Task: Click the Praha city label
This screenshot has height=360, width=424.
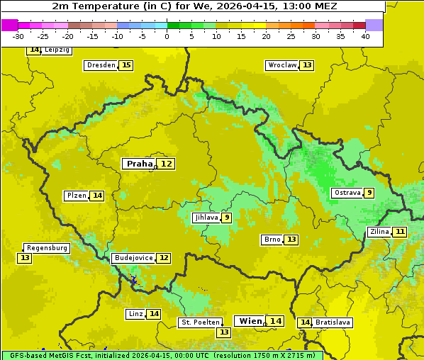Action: point(139,164)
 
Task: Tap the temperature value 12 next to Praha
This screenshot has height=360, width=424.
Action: point(166,164)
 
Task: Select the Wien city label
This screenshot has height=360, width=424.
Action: point(250,321)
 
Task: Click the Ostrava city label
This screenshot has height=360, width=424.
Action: point(347,193)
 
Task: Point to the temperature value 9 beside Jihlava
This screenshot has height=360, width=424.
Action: point(227,218)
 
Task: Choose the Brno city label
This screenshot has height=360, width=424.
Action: point(272,240)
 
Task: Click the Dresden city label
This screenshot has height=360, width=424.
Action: point(100,65)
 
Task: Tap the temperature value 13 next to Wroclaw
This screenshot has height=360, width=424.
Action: point(307,65)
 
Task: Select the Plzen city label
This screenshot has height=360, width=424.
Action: point(76,196)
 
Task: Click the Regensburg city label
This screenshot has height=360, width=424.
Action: point(47,248)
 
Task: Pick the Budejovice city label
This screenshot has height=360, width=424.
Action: point(133,258)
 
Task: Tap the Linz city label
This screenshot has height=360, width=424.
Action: point(135,314)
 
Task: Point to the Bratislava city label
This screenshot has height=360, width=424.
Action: point(333,322)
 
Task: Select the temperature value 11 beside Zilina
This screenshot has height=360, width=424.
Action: point(401,232)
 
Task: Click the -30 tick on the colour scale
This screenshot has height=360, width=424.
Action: point(18,36)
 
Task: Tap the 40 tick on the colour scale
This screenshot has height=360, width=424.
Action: point(365,36)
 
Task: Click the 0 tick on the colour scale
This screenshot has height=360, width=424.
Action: point(167,36)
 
